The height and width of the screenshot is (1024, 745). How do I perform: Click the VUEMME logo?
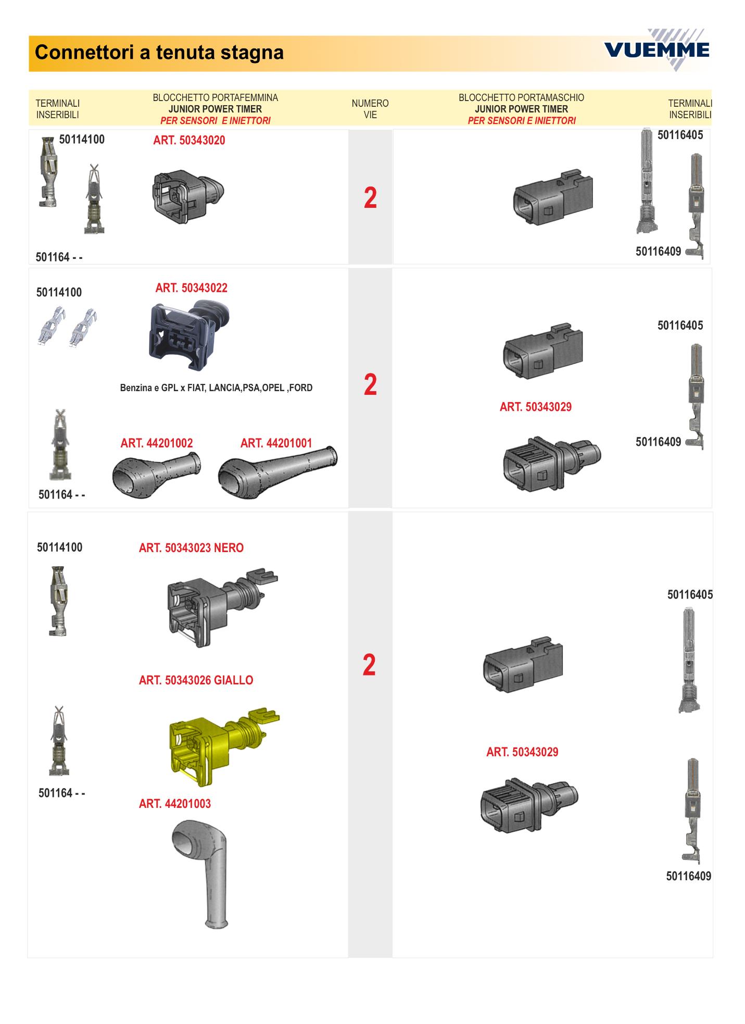(x=657, y=50)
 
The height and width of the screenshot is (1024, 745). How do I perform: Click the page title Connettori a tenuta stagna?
(x=159, y=53)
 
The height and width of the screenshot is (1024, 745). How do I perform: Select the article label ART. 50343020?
(x=189, y=140)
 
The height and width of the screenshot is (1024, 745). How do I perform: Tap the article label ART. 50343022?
(x=191, y=288)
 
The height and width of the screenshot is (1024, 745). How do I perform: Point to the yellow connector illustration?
(x=224, y=746)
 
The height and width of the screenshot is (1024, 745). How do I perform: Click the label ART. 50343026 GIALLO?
(x=196, y=680)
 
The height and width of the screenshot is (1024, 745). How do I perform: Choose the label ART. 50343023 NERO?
(x=191, y=548)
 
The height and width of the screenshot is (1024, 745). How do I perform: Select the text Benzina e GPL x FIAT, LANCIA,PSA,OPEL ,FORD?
(x=216, y=388)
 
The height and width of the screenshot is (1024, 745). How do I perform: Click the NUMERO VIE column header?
(x=370, y=109)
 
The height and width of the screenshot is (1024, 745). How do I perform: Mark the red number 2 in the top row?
(x=370, y=198)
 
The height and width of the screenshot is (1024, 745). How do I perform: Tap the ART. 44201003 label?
(x=175, y=804)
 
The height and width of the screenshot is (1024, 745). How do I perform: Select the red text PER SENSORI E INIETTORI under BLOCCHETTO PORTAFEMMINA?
(x=216, y=121)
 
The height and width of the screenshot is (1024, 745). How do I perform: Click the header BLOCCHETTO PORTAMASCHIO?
(x=521, y=98)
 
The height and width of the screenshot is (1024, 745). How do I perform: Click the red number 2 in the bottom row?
(x=369, y=666)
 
